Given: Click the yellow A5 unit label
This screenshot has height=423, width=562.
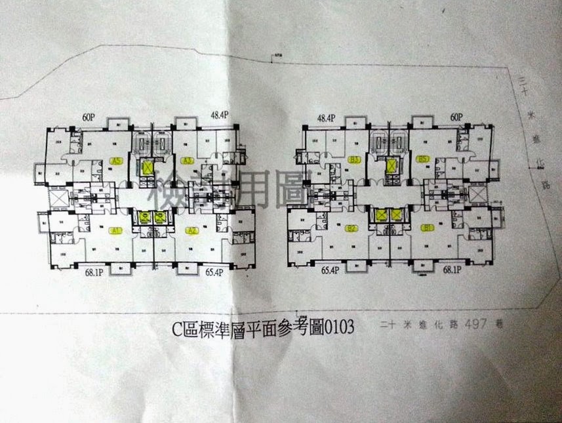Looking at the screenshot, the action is (x=118, y=161).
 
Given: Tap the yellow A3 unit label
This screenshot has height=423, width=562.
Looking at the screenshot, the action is (x=187, y=160).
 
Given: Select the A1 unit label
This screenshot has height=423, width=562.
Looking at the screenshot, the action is (x=115, y=231).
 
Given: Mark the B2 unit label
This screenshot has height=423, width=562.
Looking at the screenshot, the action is (x=351, y=228).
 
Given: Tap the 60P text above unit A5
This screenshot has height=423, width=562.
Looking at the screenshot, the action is (x=90, y=117).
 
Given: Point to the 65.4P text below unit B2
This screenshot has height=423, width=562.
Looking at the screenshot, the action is (x=334, y=269).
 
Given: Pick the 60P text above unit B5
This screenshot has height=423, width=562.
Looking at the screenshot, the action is (x=456, y=117).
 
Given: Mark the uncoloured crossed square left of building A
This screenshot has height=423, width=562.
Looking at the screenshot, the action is (x=56, y=197).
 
